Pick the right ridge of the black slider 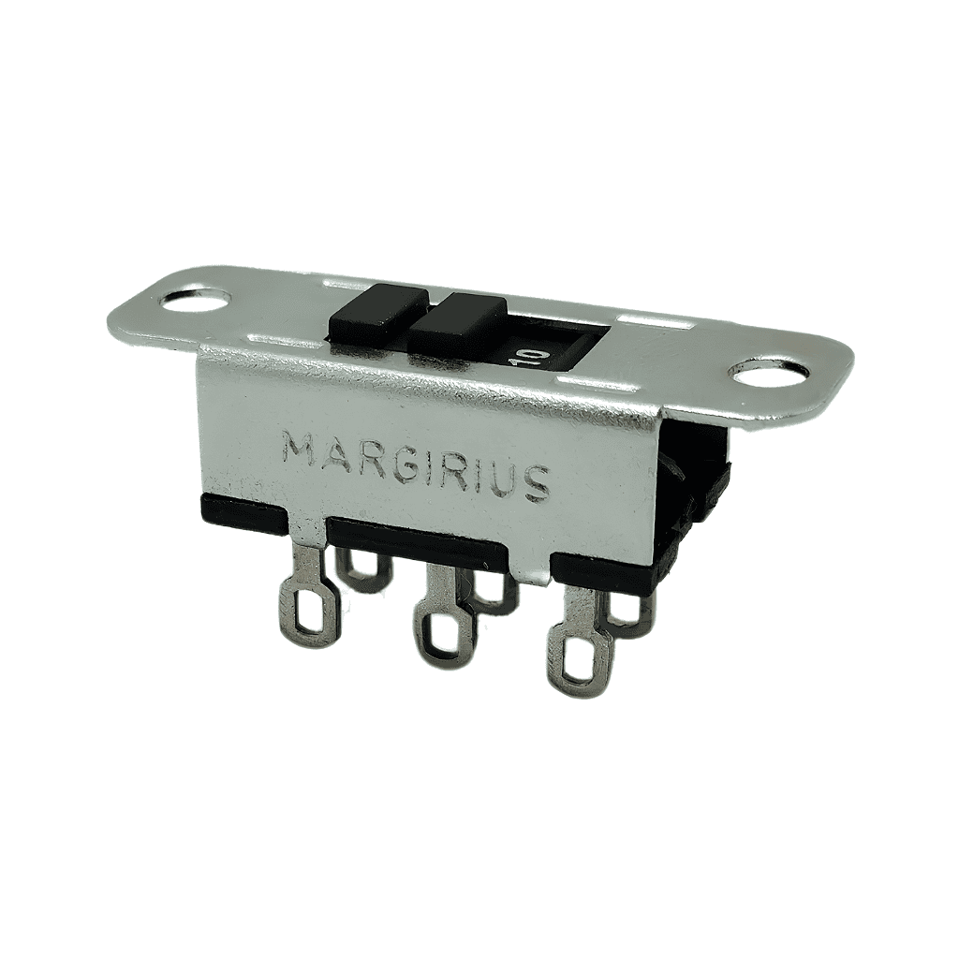click(458, 324)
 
